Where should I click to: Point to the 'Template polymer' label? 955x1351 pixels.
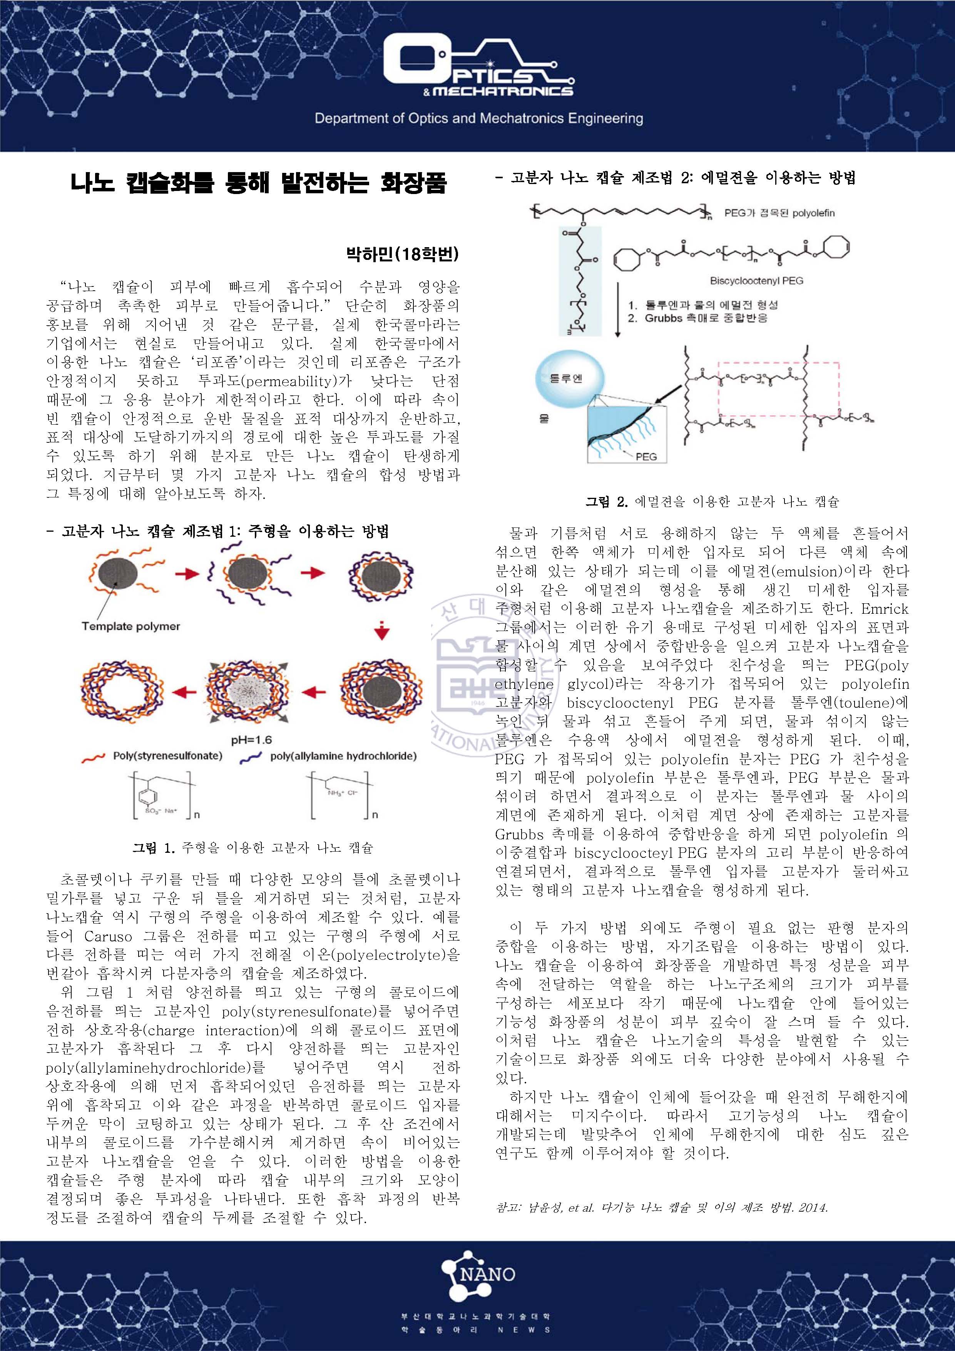coord(130,626)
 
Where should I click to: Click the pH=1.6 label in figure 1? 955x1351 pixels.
coord(251,740)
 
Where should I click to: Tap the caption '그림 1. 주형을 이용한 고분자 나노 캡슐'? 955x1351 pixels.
coord(253,848)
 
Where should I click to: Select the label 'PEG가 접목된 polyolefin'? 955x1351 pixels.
coord(779,213)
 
